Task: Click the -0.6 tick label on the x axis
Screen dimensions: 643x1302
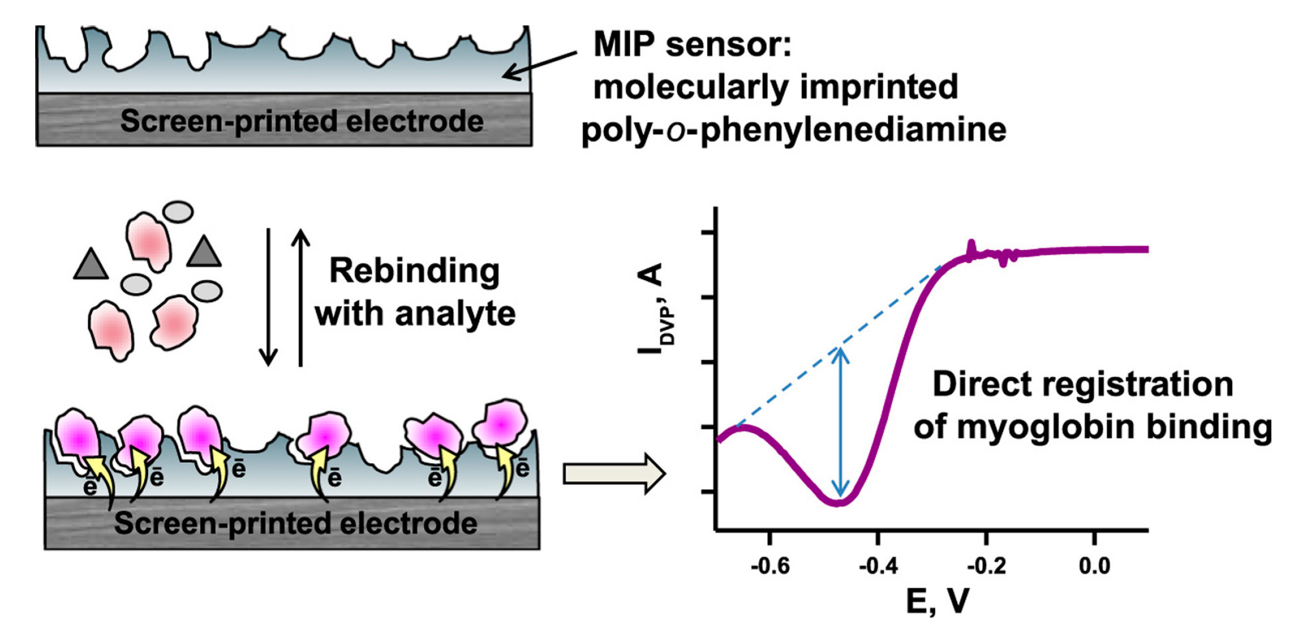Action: point(770,566)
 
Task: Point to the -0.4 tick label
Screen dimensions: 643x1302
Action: point(878,566)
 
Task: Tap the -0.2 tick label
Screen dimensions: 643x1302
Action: point(986,566)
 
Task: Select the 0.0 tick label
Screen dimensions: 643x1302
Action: point(1094,566)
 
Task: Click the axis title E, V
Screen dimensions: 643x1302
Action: point(937,601)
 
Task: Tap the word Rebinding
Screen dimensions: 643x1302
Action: point(414,271)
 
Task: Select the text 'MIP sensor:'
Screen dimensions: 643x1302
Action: point(692,44)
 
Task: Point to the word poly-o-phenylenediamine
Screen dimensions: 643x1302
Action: point(793,130)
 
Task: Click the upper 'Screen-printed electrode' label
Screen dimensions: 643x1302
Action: point(302,121)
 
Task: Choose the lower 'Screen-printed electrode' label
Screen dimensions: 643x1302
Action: point(295,523)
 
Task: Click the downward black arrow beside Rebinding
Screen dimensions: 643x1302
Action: point(268,298)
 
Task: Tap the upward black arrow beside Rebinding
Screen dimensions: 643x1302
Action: point(301,298)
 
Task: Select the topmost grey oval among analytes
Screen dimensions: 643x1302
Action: point(178,212)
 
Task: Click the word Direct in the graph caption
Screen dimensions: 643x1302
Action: point(981,385)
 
